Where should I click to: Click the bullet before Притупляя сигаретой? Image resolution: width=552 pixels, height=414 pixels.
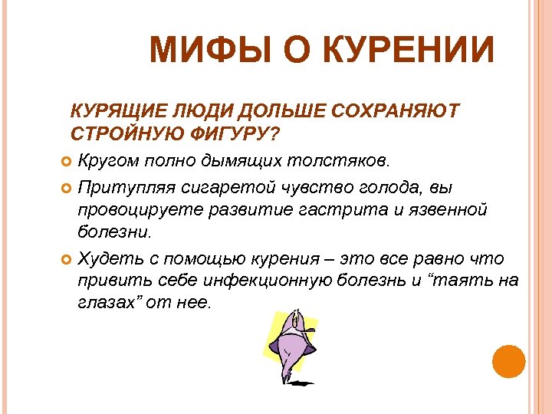pos(66,186)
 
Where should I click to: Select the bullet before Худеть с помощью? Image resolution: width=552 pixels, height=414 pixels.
pos(66,258)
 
